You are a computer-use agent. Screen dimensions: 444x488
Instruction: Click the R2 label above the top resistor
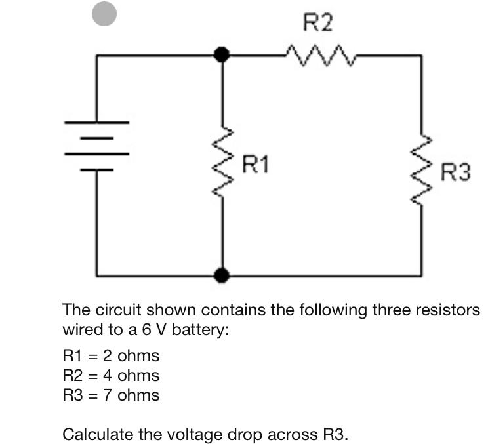318,24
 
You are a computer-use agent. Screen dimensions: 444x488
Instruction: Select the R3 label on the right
456,173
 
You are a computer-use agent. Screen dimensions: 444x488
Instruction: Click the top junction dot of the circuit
223,55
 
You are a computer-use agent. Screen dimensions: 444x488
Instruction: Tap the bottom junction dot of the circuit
223,275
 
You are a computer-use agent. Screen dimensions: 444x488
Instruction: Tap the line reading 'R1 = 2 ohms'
110,356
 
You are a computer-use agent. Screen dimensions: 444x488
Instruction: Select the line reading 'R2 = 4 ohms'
110,376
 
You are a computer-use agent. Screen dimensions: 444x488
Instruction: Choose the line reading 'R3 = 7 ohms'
110,395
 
